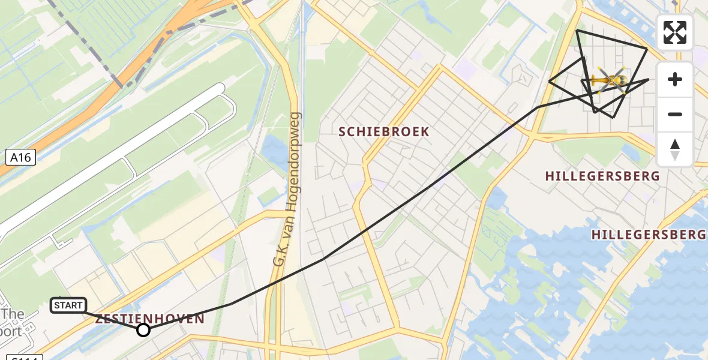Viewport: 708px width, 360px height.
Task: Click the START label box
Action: [68, 305]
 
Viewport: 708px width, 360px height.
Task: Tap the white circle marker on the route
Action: [143, 330]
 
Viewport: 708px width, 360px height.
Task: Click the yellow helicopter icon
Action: [610, 80]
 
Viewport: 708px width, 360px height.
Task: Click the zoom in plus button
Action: [675, 79]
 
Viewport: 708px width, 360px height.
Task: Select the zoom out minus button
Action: [675, 114]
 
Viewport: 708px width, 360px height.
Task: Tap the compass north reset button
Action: [675, 149]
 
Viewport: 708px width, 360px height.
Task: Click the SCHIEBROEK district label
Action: [384, 131]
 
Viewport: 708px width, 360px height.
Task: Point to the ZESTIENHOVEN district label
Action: [150, 319]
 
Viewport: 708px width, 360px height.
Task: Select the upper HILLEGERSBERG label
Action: [602, 176]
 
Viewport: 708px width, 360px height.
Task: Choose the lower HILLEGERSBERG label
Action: [649, 235]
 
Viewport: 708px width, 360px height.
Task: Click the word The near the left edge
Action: [13, 314]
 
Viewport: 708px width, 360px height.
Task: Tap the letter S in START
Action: [57, 305]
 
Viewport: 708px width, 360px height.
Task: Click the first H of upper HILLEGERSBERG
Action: [550, 176]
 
